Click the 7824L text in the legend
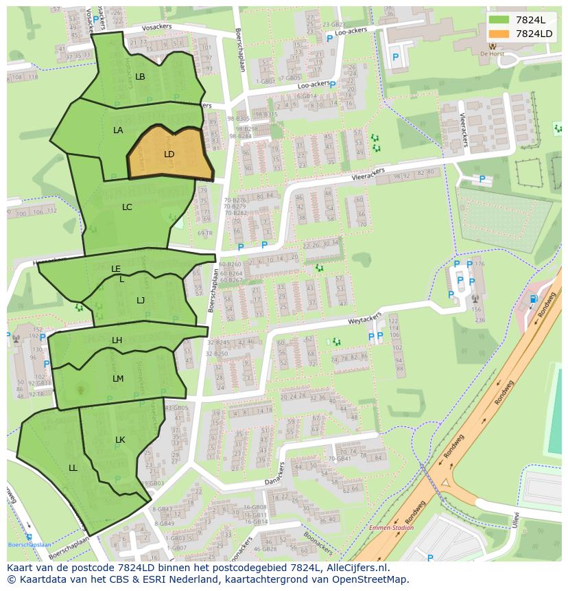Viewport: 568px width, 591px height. tap(530, 20)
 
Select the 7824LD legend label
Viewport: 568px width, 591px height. tap(534, 34)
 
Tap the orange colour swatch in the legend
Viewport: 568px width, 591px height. tap(499, 34)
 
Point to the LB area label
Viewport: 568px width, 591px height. tap(140, 77)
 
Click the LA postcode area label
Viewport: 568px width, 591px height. tap(118, 130)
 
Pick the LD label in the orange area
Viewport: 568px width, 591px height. tap(169, 154)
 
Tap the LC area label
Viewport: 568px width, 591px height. tap(127, 207)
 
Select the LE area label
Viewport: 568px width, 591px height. tap(116, 269)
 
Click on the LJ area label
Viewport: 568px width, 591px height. tap(141, 300)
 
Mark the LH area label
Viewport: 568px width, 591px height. tap(117, 340)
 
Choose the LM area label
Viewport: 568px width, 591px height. tap(118, 378)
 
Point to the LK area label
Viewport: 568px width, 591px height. tap(120, 439)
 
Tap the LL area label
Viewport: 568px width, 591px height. tap(73, 467)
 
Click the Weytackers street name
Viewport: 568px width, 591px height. tap(364, 321)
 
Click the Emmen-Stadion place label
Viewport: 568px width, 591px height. tap(391, 528)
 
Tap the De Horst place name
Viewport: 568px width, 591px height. tap(493, 54)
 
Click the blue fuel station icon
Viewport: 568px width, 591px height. tap(533, 299)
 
